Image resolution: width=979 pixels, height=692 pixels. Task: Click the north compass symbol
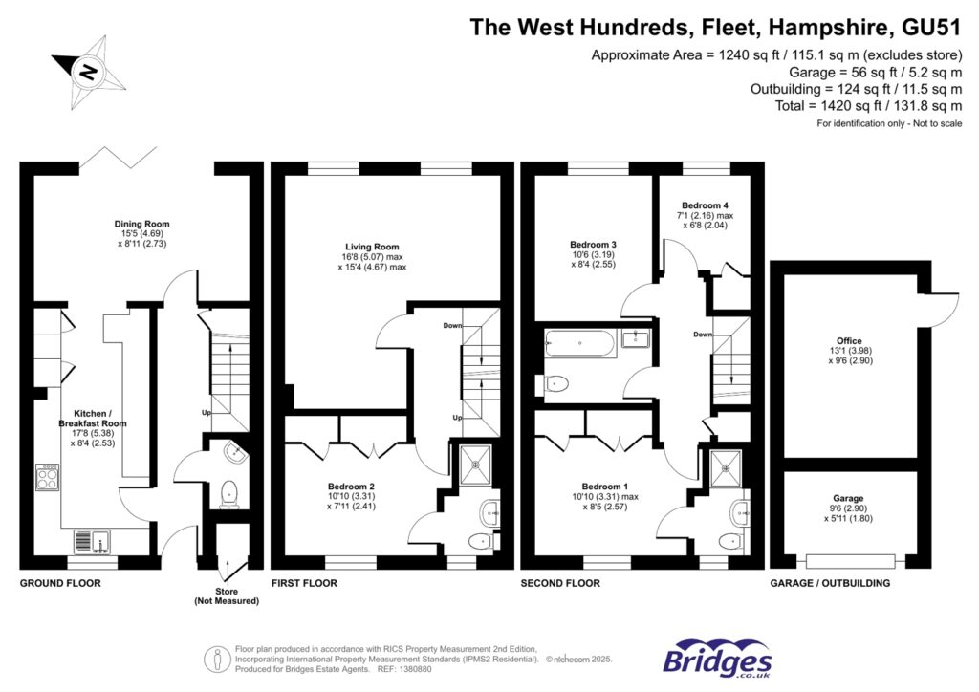tap(88, 73)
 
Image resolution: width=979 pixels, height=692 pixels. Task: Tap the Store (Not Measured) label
tap(227, 596)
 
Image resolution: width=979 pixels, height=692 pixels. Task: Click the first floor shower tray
tap(474, 464)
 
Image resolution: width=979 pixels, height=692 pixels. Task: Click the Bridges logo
tap(717, 659)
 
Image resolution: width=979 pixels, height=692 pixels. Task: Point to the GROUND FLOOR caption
tap(60, 583)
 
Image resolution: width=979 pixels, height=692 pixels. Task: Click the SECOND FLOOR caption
tap(560, 583)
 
